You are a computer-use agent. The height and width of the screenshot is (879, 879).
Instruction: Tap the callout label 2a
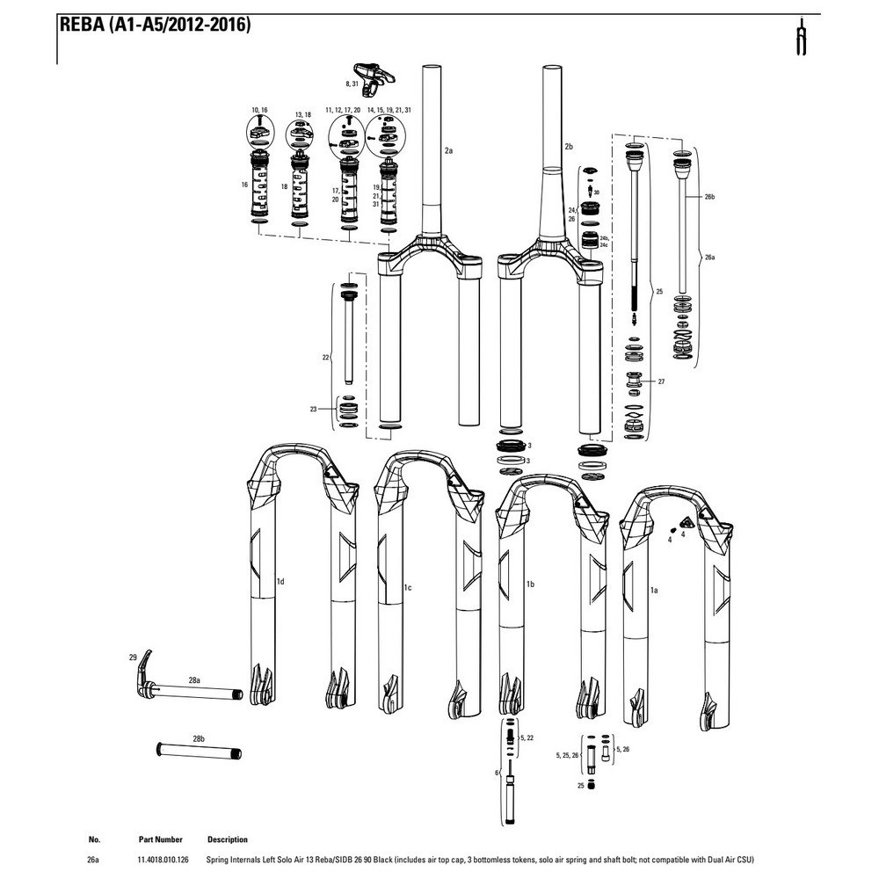(x=448, y=151)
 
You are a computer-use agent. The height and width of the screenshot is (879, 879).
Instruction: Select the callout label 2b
(x=569, y=146)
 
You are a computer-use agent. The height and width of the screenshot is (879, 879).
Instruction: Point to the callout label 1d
(x=280, y=581)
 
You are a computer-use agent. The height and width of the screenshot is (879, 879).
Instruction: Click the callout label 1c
(x=408, y=586)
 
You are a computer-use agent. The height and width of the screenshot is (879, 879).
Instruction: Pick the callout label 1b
(x=531, y=584)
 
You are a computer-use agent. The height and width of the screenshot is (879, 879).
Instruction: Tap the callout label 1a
(x=654, y=592)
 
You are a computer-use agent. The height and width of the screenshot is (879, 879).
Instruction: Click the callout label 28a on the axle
(x=195, y=680)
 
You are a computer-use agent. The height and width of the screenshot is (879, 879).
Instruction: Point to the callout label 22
(x=326, y=358)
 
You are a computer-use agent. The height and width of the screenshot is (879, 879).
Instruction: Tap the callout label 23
(x=326, y=410)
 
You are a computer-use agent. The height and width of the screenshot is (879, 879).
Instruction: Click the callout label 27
(x=662, y=381)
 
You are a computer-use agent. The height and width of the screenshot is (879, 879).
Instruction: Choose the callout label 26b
(x=710, y=198)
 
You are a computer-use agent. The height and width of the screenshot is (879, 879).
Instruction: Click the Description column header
(x=228, y=839)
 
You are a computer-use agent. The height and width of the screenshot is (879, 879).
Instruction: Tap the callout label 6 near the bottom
(x=498, y=773)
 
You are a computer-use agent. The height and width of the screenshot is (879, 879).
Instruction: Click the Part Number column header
(x=161, y=839)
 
